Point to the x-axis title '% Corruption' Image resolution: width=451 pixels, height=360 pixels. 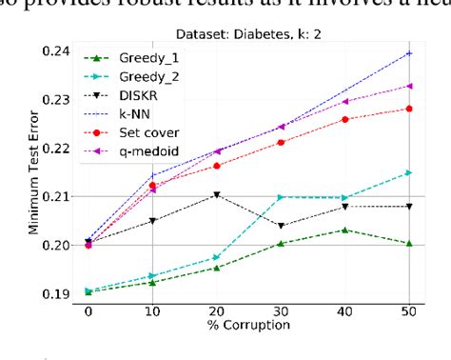[249, 328]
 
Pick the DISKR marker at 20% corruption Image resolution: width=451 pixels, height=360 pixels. [217, 194]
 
